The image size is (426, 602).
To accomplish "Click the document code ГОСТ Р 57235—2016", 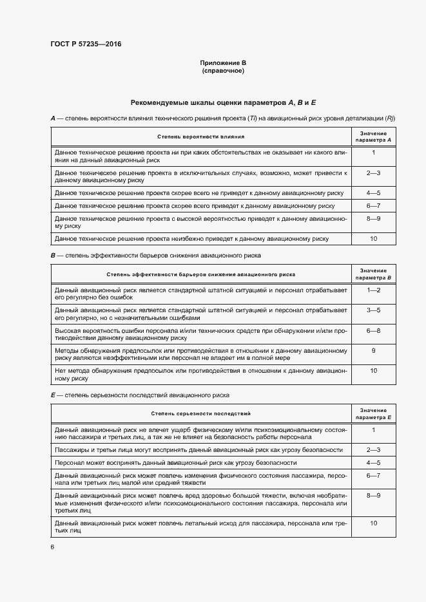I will [x=86, y=44].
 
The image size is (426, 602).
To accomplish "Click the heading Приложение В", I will [x=223, y=63].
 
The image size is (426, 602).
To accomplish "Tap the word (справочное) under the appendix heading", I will [x=223, y=70].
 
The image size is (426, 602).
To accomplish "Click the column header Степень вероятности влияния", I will [x=200, y=136].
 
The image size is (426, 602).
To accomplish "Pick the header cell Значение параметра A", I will [x=374, y=136].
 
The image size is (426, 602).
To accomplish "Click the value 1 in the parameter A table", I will [x=374, y=152].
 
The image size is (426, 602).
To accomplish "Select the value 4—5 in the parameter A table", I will [x=374, y=193].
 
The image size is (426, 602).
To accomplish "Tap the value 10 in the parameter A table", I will [x=374, y=239].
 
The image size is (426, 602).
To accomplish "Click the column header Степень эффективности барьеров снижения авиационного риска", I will [x=200, y=274].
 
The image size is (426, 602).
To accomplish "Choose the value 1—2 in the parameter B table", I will [x=374, y=290].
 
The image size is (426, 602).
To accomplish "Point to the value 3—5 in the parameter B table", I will [x=374, y=310].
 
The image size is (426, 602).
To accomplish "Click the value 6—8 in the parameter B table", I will [x=374, y=330].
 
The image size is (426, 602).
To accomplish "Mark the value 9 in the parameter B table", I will [x=374, y=350].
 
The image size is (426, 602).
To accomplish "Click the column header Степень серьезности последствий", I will [x=200, y=413].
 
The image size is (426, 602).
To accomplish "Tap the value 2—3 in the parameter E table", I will [x=374, y=449].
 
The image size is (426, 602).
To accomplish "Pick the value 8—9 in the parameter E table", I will [x=374, y=496].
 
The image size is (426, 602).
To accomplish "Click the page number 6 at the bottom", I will [x=52, y=547].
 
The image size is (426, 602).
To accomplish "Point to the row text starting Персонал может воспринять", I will [x=176, y=462].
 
